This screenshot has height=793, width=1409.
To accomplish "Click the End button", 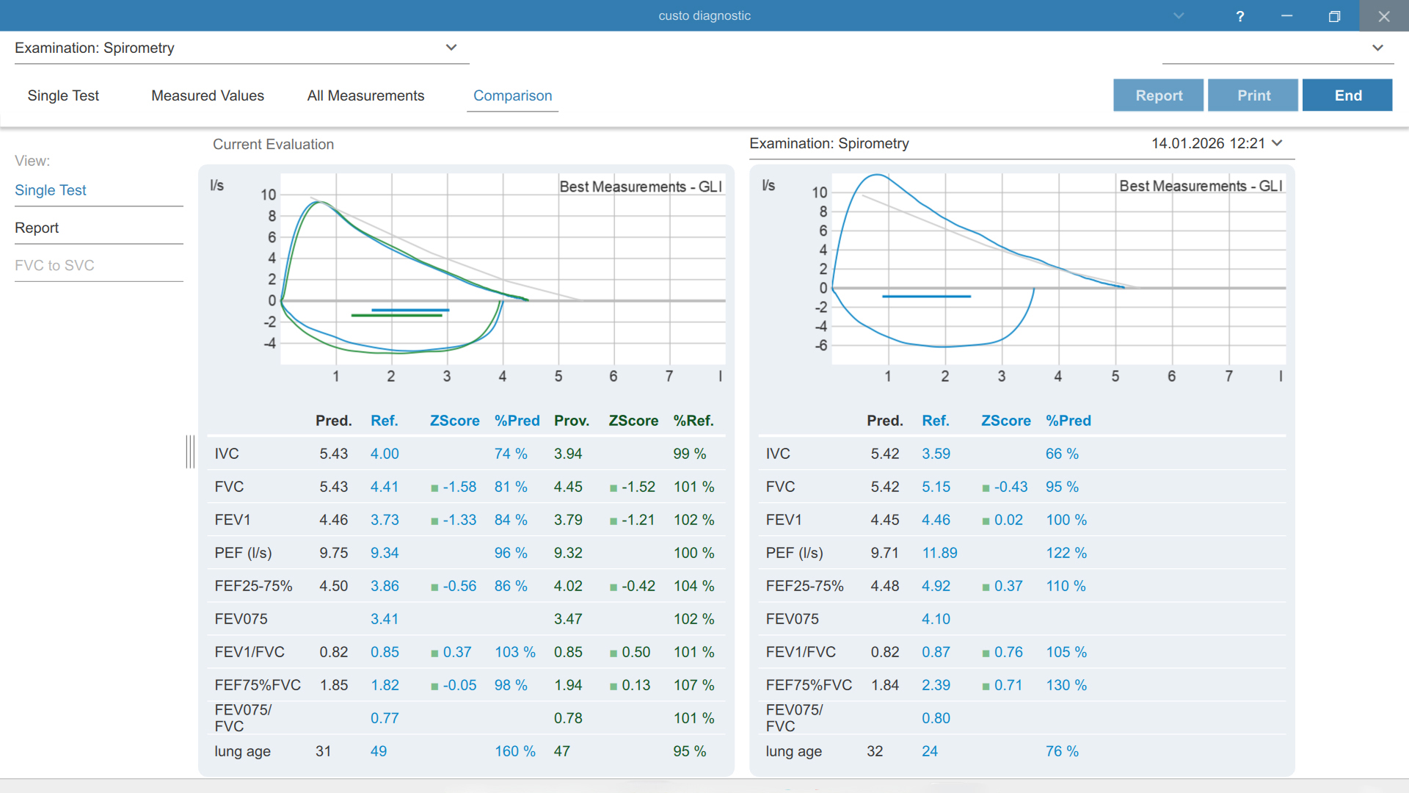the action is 1347,95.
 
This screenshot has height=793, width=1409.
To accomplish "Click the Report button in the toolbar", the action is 1158,95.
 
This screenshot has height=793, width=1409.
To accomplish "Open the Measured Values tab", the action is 208,95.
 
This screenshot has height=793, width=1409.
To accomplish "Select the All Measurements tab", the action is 365,95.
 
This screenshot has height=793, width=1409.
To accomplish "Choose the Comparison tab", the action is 512,95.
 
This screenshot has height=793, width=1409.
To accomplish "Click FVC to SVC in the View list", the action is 54,265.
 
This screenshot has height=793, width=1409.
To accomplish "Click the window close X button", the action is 1384,16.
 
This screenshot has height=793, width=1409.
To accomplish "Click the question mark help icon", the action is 1240,16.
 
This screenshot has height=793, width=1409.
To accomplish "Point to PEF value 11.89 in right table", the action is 939,553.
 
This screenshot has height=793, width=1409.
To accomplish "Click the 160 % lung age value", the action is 514,751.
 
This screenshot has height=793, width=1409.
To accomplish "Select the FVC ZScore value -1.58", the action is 459,487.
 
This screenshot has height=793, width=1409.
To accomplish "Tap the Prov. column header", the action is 572,421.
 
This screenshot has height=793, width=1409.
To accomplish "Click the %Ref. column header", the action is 693,421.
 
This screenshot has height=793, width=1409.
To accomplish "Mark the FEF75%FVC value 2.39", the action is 936,685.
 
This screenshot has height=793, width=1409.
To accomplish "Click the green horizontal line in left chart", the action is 396,315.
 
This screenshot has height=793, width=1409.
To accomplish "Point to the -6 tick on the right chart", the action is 821,345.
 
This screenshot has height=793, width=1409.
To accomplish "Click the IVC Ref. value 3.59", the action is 936,454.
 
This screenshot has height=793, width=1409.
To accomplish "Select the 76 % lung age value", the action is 1062,751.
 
